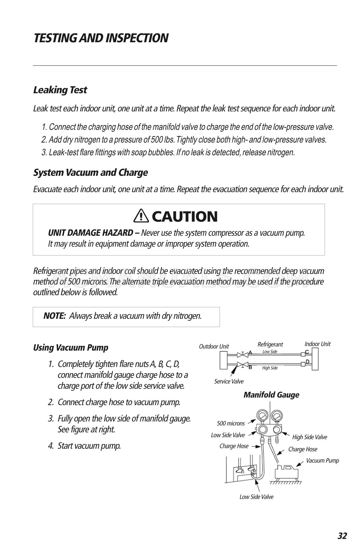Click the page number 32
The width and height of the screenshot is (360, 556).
coord(342,536)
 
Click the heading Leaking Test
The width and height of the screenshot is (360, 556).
coord(60,90)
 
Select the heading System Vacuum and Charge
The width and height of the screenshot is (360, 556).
coord(90,173)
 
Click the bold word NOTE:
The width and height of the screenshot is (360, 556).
coord(55,316)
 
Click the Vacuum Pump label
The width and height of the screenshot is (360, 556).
coord(322,461)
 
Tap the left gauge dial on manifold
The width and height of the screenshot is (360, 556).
coord(262,416)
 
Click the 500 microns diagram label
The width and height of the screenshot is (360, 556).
coord(231,423)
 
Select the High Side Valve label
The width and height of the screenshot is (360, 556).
coord(310,437)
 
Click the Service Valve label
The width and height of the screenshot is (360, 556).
coord(229,382)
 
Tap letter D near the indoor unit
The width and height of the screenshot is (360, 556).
coord(307,361)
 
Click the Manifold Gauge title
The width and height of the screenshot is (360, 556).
coord(271,395)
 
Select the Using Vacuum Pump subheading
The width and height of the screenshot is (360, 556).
coord(71,348)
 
